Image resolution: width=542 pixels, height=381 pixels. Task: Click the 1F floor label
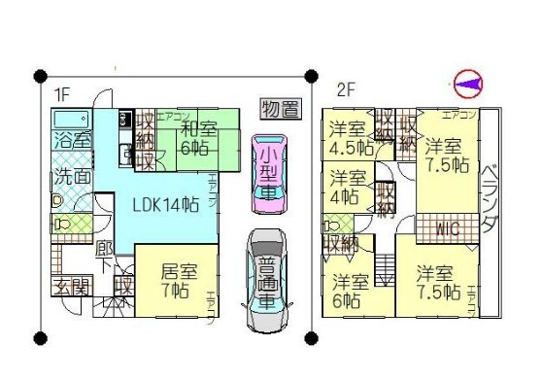[60, 94]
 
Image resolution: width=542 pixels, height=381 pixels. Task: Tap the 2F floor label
[344, 90]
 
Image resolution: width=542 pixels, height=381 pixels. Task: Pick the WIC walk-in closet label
[448, 230]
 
